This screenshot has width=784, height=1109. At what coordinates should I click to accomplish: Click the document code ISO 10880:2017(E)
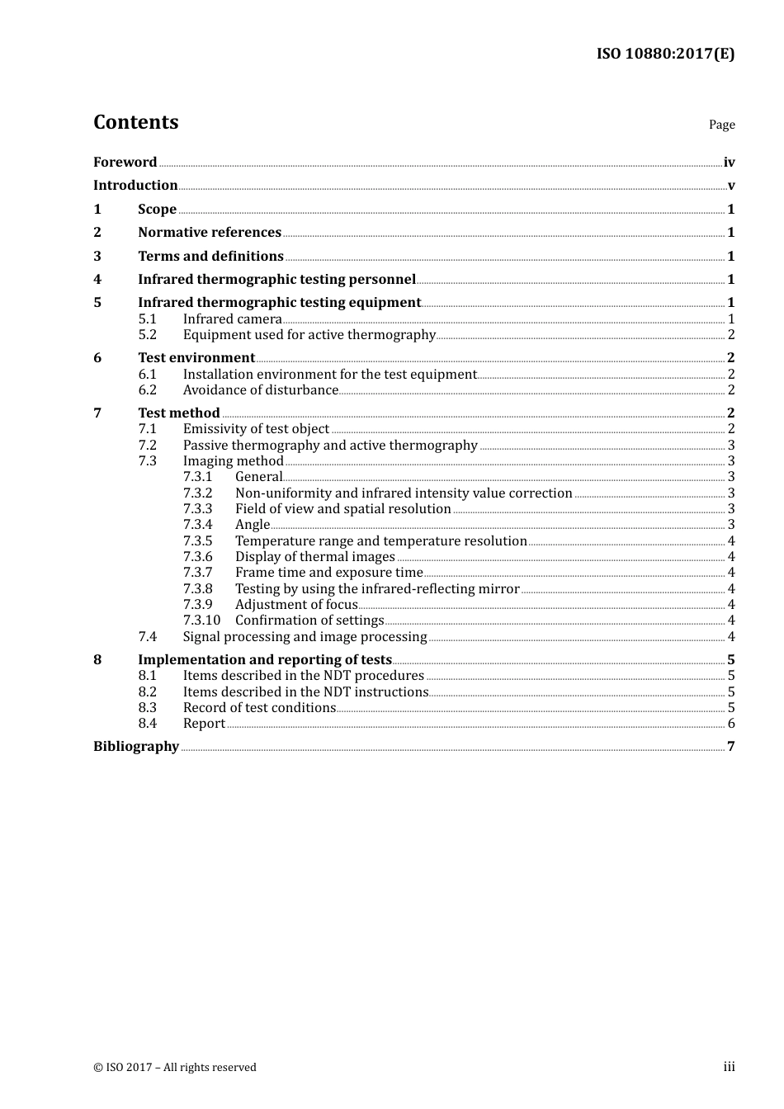[665, 54]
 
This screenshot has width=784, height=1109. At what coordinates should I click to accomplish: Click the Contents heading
[135, 122]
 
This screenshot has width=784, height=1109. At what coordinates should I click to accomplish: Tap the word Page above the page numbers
[721, 125]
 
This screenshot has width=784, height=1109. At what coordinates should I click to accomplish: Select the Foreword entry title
[125, 162]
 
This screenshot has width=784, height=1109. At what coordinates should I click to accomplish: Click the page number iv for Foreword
[729, 163]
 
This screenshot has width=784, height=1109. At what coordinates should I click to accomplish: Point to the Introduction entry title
[135, 185]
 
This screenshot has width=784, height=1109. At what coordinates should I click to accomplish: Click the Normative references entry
[210, 232]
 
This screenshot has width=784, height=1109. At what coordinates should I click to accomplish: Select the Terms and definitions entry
[210, 256]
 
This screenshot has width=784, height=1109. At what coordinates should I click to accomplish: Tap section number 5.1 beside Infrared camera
[147, 319]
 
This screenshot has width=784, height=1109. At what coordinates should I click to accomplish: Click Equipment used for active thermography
[309, 334]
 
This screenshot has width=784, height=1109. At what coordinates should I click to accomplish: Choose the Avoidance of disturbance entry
[260, 389]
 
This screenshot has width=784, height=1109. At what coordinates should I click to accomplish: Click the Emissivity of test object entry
[256, 428]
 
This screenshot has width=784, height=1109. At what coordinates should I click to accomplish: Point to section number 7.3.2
[197, 493]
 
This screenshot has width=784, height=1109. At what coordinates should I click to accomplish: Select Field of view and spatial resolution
[342, 508]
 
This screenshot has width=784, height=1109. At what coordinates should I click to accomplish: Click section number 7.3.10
[201, 620]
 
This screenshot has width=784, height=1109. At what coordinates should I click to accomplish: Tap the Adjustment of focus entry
[296, 604]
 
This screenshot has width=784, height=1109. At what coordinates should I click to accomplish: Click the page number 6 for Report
[731, 724]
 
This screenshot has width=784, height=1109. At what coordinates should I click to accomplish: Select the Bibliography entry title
[136, 746]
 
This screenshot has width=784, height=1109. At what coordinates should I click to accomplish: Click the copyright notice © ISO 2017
[175, 1067]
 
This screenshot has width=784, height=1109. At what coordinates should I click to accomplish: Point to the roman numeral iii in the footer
[729, 1067]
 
